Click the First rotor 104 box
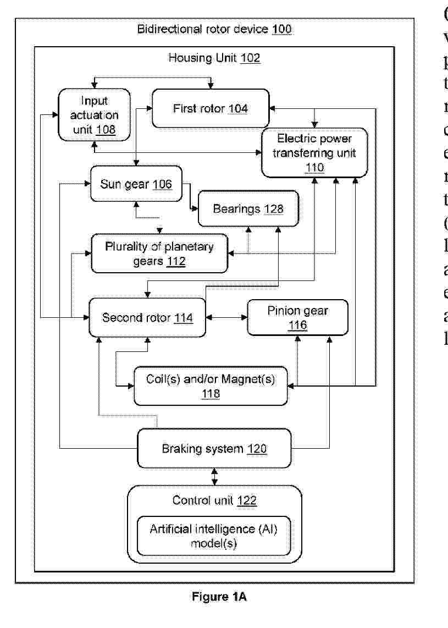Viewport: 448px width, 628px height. tap(210, 108)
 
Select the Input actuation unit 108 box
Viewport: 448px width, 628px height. tap(95, 115)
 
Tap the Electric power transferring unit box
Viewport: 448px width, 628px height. tap(314, 152)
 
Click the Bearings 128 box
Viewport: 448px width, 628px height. tap(248, 208)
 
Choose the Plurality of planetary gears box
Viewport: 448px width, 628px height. tap(159, 254)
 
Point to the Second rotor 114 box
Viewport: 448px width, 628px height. tap(147, 317)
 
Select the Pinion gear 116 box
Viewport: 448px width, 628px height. tap(298, 317)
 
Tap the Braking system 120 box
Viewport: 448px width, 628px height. tap(214, 449)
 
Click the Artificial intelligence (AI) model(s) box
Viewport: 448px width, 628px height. tap(214, 536)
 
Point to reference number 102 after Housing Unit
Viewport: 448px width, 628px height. tap(250, 57)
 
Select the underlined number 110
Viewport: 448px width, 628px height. tap(315, 167)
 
